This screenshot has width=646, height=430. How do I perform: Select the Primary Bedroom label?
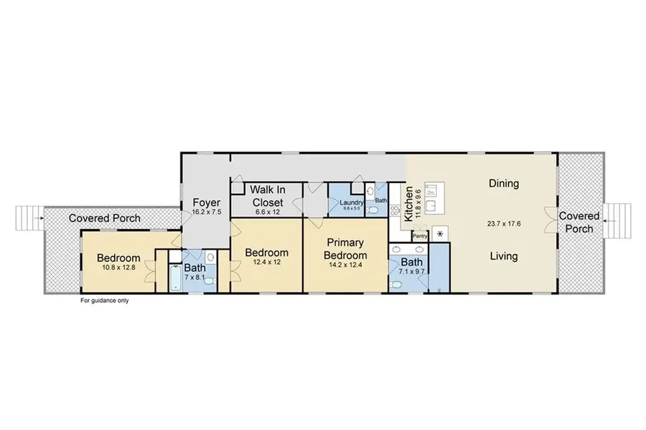(345, 250)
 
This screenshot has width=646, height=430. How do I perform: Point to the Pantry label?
(420, 235)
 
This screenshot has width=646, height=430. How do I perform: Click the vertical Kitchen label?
(408, 203)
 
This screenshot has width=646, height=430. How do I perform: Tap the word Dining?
(503, 183)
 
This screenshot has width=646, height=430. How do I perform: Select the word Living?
(503, 256)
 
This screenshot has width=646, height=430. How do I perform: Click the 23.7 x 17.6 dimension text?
(503, 224)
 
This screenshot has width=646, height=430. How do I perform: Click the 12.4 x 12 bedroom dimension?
(266, 263)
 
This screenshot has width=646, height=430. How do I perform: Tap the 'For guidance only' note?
(104, 301)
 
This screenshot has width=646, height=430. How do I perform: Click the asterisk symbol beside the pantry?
(439, 235)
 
